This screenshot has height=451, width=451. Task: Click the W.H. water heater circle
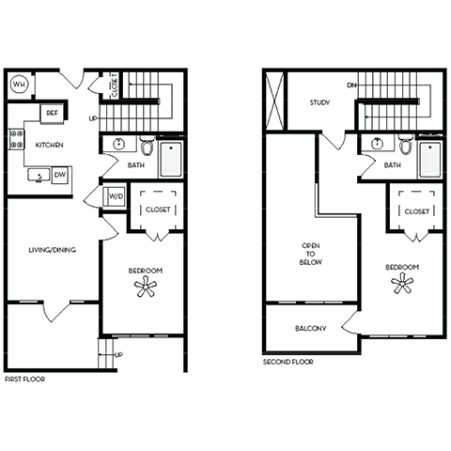(x=20, y=85)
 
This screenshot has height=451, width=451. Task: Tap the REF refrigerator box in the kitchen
(x=53, y=114)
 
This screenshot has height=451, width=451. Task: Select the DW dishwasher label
(x=59, y=174)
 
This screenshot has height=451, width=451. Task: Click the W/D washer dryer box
(x=116, y=197)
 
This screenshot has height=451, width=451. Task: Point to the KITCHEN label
(x=49, y=147)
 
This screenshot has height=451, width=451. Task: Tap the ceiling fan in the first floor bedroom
(x=146, y=288)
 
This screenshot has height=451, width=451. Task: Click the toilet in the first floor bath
(x=148, y=147)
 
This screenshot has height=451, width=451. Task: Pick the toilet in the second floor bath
(x=405, y=147)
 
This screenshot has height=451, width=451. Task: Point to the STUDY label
(x=322, y=104)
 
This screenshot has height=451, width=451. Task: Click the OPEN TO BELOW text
(x=311, y=254)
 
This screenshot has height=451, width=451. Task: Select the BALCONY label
(x=310, y=328)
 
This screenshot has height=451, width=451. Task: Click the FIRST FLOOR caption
(x=24, y=379)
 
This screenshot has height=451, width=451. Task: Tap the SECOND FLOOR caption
(x=288, y=362)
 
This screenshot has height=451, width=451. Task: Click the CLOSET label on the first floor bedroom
(x=158, y=210)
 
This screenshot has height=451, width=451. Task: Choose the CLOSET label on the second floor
(x=417, y=211)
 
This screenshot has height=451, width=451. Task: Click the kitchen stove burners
(x=15, y=140)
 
